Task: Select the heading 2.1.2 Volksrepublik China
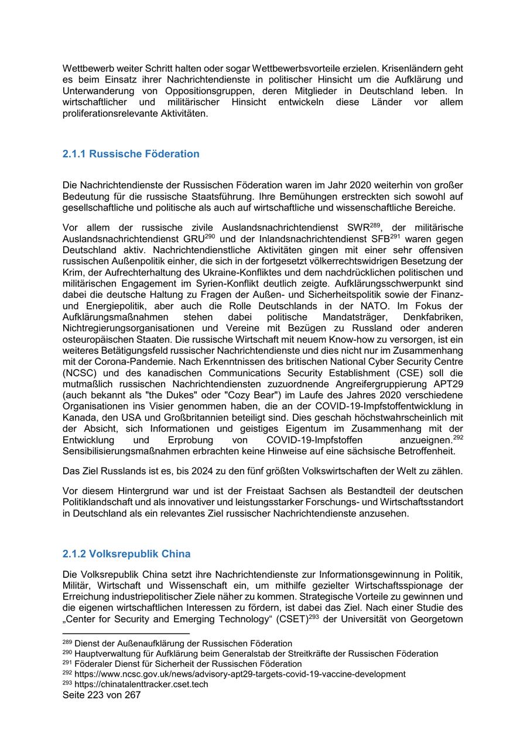(126, 553)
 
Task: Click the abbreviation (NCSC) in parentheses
(77, 373)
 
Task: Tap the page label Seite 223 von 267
(102, 695)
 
